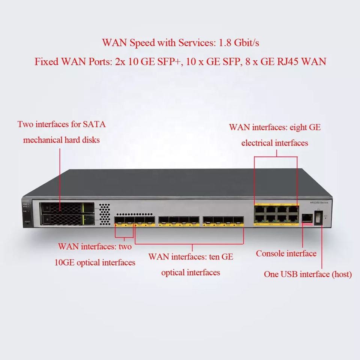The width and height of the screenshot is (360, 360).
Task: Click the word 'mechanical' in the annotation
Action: pyautogui.click(x=42, y=140)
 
